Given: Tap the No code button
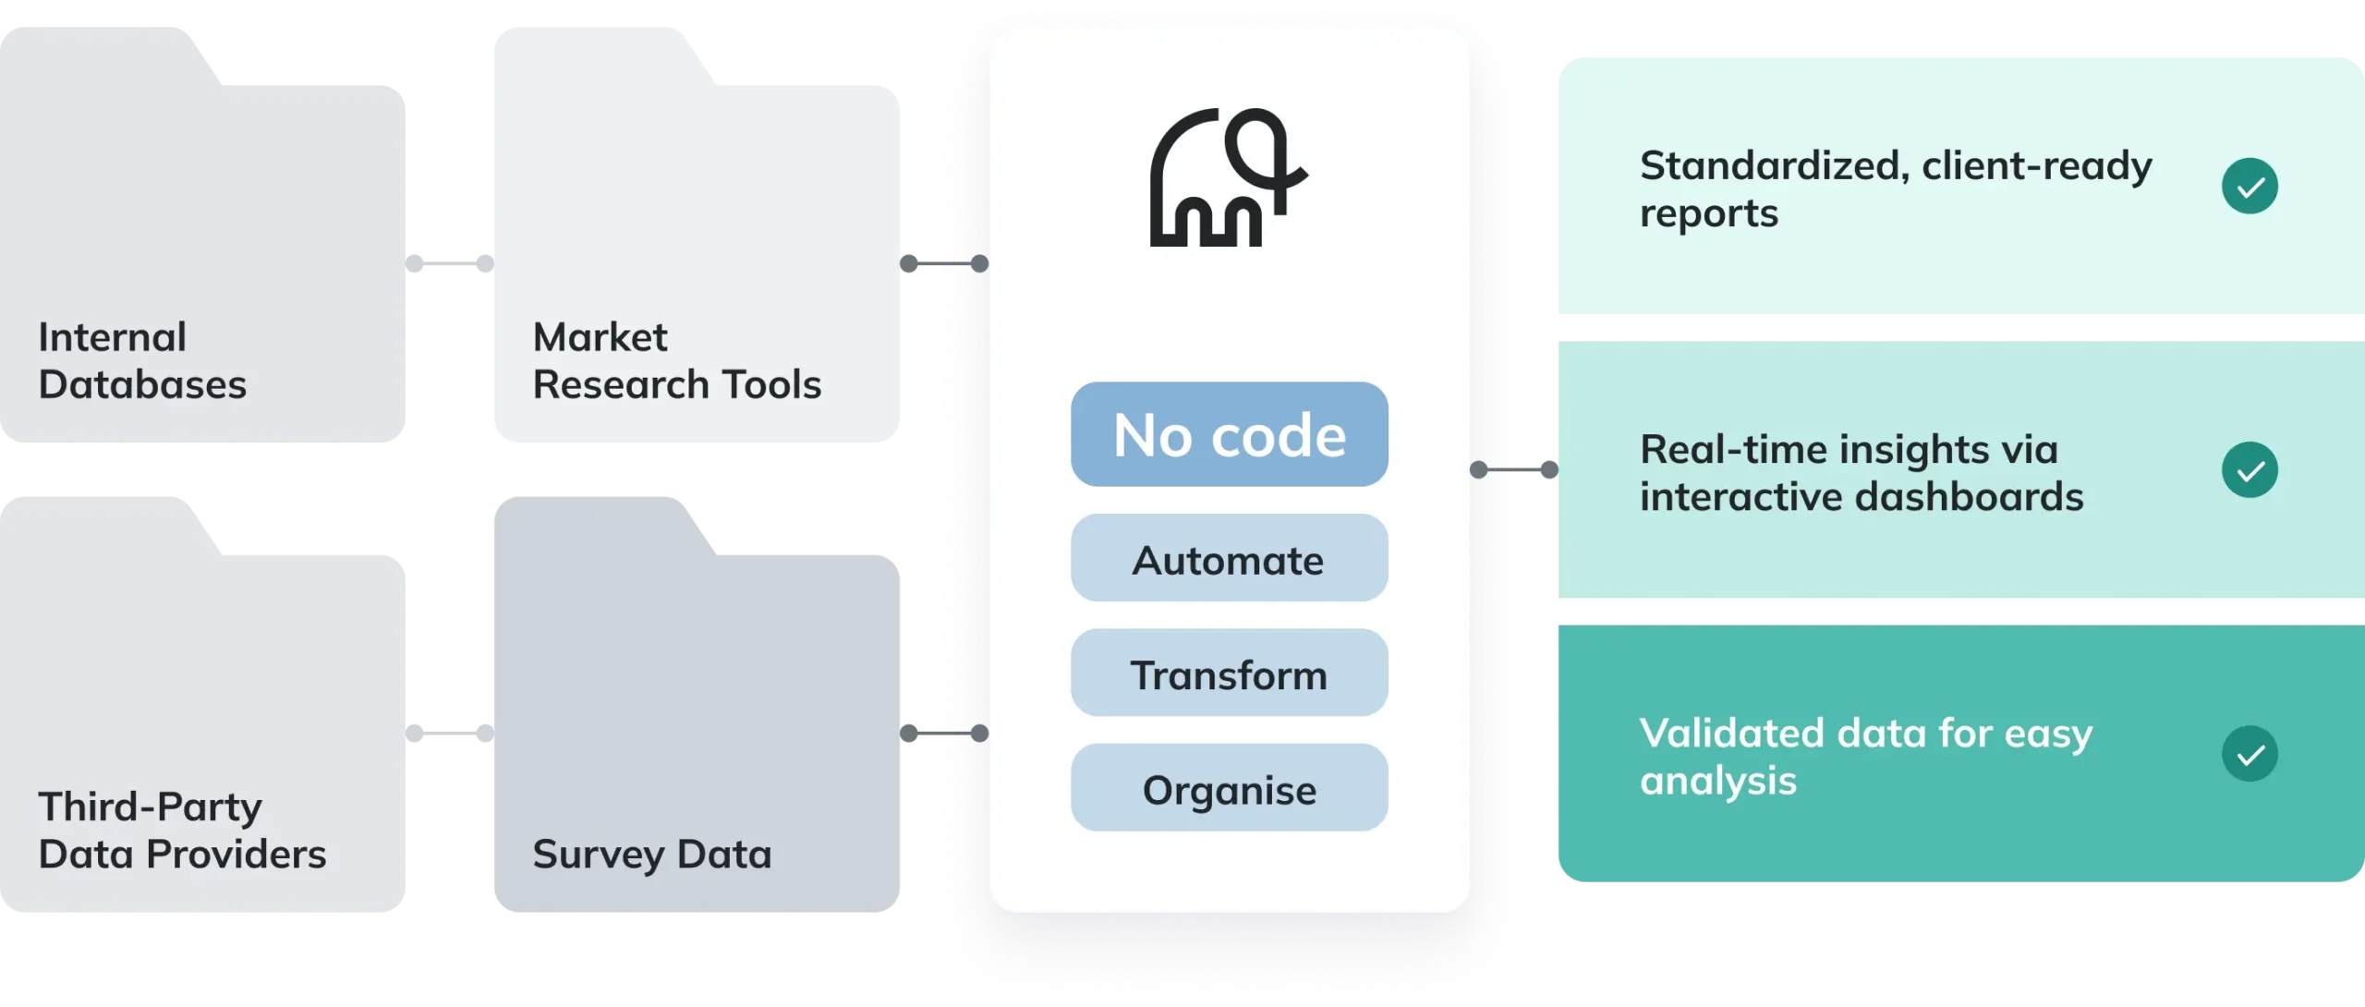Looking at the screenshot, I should click(1229, 434).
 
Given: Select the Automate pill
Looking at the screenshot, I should click(1229, 559).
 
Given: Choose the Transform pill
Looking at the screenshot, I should click(1229, 673).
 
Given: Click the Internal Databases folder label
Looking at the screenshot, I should click(142, 360).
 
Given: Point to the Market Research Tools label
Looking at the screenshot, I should click(676, 360).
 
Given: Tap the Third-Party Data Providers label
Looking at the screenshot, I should click(182, 830).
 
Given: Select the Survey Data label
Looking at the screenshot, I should click(651, 854).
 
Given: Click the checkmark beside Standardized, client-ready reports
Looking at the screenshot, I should click(2250, 187).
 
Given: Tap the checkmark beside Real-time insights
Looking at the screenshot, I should click(2250, 470).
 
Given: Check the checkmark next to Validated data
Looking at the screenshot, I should click(2250, 754).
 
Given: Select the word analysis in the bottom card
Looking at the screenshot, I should click(1718, 781).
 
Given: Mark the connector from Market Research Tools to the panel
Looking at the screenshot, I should click(944, 263).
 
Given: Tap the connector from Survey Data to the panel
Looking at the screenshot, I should click(944, 734).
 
